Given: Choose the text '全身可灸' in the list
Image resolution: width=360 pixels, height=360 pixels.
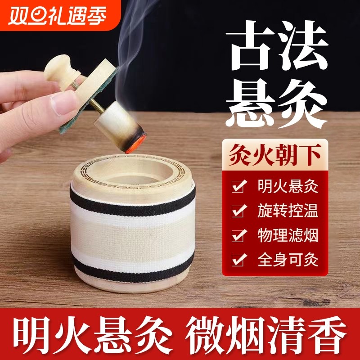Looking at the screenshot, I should point(288,259).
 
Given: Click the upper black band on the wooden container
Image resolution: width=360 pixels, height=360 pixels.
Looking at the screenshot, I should point(133,197).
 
